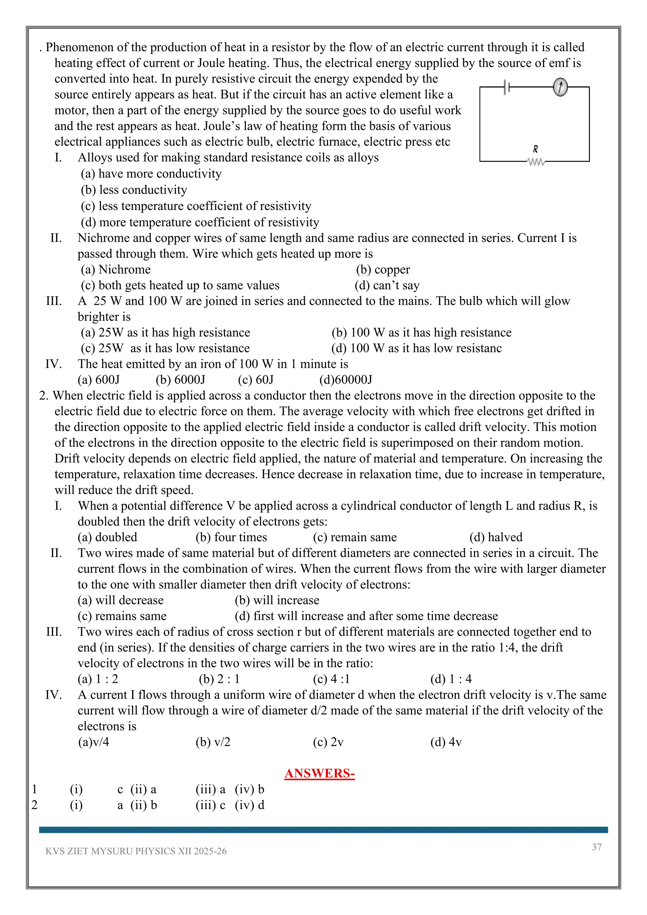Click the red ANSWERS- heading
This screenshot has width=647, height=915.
pos(319,773)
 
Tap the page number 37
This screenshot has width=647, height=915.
pos(596,847)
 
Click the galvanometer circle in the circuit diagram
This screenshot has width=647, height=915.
pos(560,87)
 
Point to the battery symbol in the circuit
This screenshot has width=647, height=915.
pos(507,87)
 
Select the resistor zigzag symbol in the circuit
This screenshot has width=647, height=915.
pos(535,162)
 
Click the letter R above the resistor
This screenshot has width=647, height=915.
pos(535,149)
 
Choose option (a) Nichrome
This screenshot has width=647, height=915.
pos(116,270)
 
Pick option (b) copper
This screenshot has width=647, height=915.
pos(383,270)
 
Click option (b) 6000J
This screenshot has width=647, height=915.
pos(180,379)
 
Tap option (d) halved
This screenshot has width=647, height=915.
pos(496,537)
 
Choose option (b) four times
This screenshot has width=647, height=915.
pos(231,537)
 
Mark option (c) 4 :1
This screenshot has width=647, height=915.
pos(331,679)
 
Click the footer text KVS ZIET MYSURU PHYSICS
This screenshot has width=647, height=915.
pos(136,851)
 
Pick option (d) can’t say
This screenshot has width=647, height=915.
pos(387,285)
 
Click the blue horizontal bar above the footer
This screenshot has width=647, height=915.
pos(323,830)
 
